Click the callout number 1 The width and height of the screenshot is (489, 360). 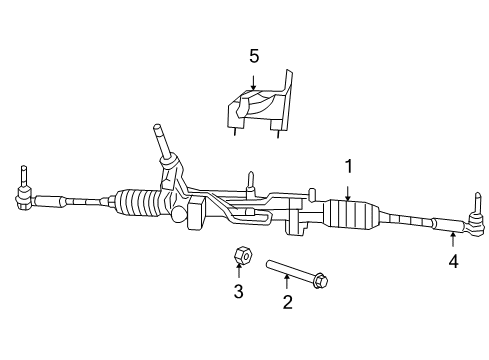[348, 166]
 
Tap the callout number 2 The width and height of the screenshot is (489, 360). [287, 303]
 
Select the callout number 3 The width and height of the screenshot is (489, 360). [238, 291]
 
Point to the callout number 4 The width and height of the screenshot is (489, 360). [453, 262]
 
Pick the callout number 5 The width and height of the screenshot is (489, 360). [253, 57]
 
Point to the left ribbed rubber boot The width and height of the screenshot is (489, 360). [140, 203]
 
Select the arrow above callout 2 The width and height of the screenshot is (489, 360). [287, 285]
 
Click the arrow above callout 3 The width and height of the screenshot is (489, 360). [239, 273]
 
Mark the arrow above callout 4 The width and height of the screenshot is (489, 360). [453, 243]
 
